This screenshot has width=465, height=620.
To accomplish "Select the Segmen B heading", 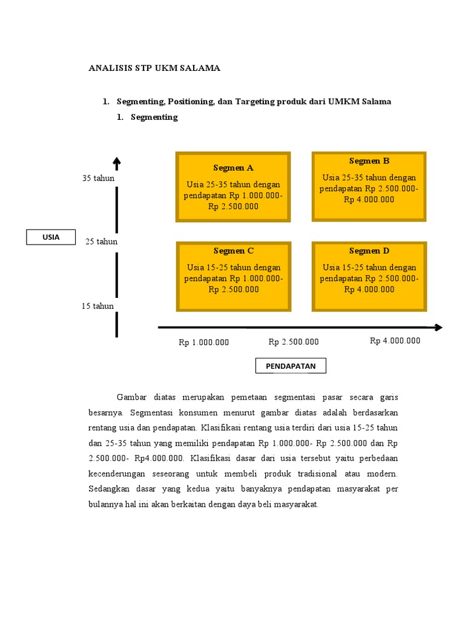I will [369, 161].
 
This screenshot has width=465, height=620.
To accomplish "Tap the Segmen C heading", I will [233, 251].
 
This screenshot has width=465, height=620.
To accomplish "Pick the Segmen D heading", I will [369, 251].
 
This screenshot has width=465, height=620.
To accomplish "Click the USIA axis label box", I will [51, 237].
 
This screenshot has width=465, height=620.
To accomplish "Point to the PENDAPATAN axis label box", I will [291, 366].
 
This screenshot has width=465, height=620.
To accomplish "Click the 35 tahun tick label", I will [98, 179].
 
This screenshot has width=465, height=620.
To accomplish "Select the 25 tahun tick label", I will [101, 242].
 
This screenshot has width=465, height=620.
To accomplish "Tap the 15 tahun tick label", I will [97, 306].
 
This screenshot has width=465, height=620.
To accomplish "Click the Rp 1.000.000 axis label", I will [203, 343].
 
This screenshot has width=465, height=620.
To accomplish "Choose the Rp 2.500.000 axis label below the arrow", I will [293, 342].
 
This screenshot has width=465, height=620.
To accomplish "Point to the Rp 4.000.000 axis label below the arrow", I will [395, 341].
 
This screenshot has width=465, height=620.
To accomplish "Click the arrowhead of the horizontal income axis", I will [438, 328].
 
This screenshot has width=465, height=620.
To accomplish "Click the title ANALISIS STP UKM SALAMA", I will [154, 68].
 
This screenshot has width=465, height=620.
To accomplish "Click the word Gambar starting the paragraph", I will [132, 397].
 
